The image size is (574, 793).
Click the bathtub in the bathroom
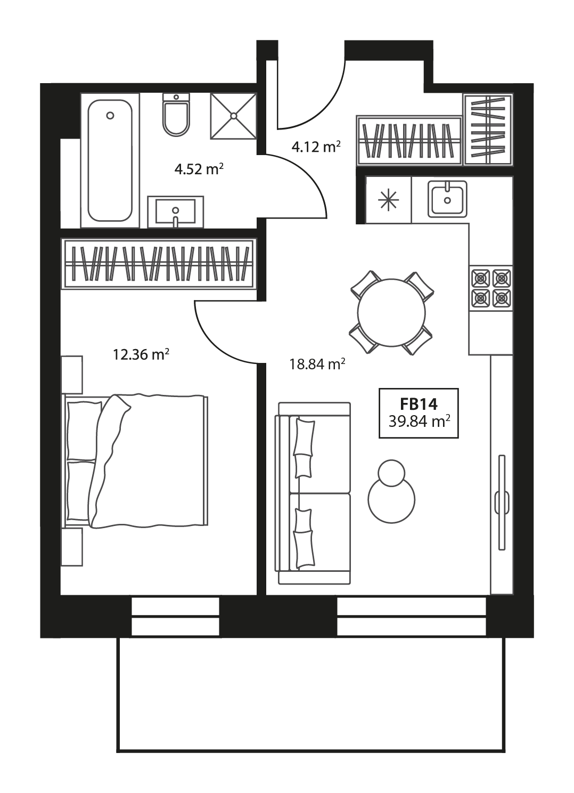pyautogui.click(x=110, y=160)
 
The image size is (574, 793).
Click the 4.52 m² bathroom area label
pyautogui.click(x=199, y=169)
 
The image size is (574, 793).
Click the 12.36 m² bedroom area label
pyautogui.click(x=141, y=354)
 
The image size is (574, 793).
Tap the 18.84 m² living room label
pyautogui.click(x=317, y=365)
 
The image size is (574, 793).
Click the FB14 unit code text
pyautogui.click(x=419, y=404)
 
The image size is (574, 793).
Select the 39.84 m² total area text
pyautogui.click(x=419, y=423)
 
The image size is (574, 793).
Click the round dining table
pyautogui.click(x=391, y=312)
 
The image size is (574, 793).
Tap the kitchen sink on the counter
pyautogui.click(x=447, y=198)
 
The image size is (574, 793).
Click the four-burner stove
pyautogui.click(x=490, y=288)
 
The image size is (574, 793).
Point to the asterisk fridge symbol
pyautogui.click(x=388, y=199)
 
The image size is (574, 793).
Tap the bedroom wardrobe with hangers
pyautogui.click(x=158, y=263)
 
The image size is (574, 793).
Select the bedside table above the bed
pyautogui.click(x=72, y=375)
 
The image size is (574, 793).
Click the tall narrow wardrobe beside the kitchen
pyautogui.click(x=488, y=129)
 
